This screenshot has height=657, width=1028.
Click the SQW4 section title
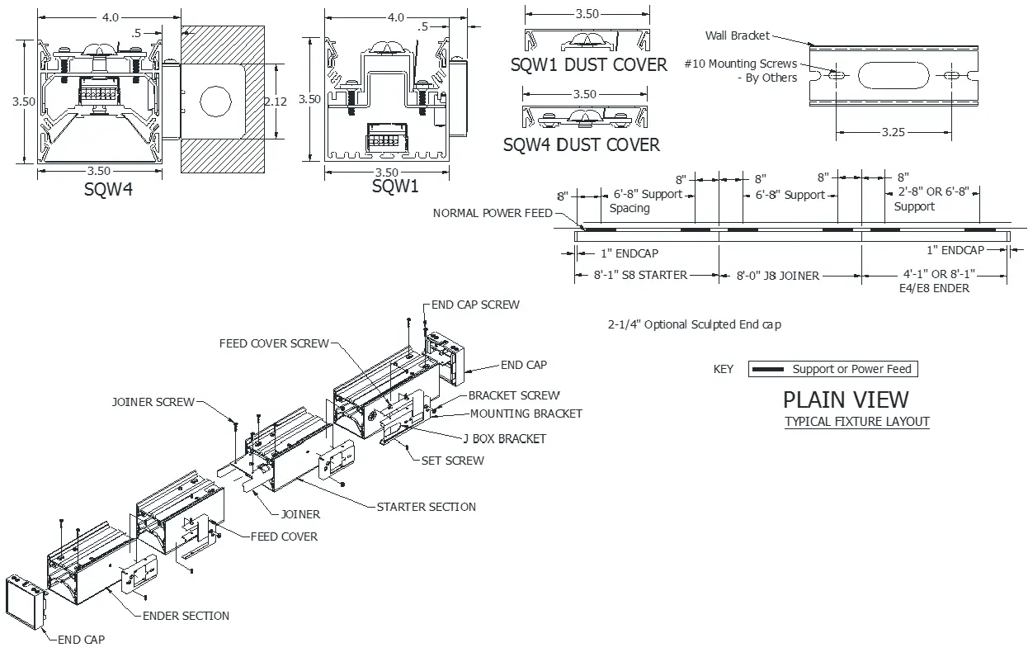pos(109,190)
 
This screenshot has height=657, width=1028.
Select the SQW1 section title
pos(395,187)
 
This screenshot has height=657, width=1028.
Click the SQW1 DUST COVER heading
pos(588,65)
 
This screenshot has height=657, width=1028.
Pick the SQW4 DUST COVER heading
pos(582,145)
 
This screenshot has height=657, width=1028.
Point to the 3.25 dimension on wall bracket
pos(894,132)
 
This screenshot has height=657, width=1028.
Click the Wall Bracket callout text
pos(737,35)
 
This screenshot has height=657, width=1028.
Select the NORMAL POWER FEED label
pos(493,213)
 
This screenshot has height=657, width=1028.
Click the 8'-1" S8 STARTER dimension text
pos(640,275)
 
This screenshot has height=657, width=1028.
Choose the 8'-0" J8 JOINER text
pos(777,276)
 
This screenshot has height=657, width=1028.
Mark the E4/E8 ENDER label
pos(934,289)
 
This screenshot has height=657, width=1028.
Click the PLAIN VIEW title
pos(845,399)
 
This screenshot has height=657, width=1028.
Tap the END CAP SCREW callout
pos(475,305)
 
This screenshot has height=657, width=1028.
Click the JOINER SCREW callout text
pos(153,403)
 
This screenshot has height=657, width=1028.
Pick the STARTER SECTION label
pos(426,507)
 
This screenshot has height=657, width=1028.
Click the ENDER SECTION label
pos(186,616)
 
